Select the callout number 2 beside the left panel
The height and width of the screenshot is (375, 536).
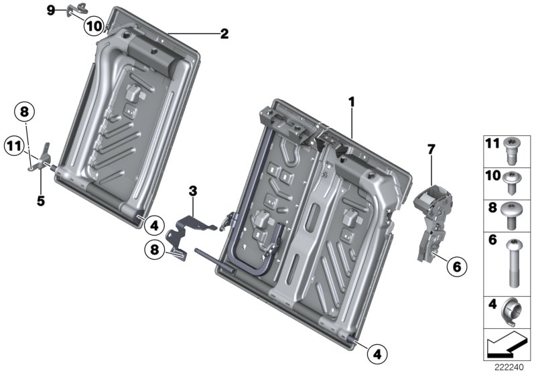[x=224, y=33]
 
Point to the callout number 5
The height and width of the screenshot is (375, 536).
[x=41, y=200]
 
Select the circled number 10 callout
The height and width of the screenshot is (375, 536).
[x=94, y=26]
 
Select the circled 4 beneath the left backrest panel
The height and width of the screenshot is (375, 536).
[x=153, y=224]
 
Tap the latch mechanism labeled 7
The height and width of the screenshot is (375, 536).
[x=431, y=214]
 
